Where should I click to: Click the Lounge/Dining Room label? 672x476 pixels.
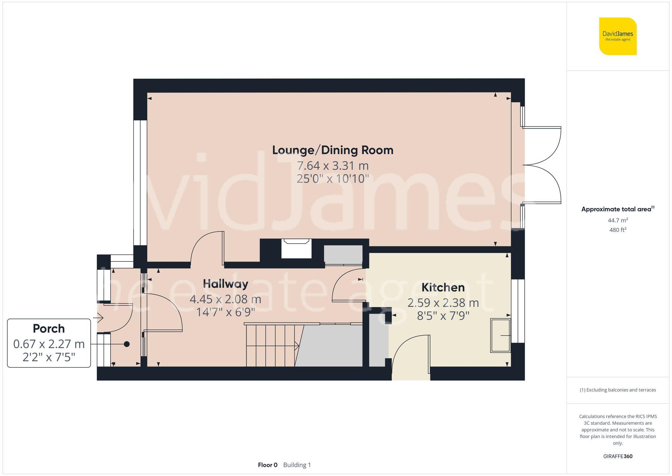[333, 150]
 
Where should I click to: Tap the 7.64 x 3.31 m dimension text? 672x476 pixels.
[333, 166]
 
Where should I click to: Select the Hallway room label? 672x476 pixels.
[225, 284]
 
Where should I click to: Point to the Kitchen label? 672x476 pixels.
[443, 288]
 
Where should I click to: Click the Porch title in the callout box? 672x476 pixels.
[49, 328]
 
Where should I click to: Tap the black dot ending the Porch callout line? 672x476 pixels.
[127, 344]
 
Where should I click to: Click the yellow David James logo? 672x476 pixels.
[618, 36]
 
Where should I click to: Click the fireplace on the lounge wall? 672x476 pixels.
[296, 248]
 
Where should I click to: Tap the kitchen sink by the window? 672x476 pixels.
[500, 335]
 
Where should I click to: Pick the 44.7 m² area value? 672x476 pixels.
[618, 220]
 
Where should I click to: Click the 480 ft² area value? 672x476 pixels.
[618, 230]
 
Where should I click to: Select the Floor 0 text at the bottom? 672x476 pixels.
[267, 465]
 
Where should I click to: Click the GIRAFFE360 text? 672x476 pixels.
[618, 456]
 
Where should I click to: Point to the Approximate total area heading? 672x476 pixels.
[618, 209]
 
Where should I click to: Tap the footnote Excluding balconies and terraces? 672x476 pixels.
[618, 390]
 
